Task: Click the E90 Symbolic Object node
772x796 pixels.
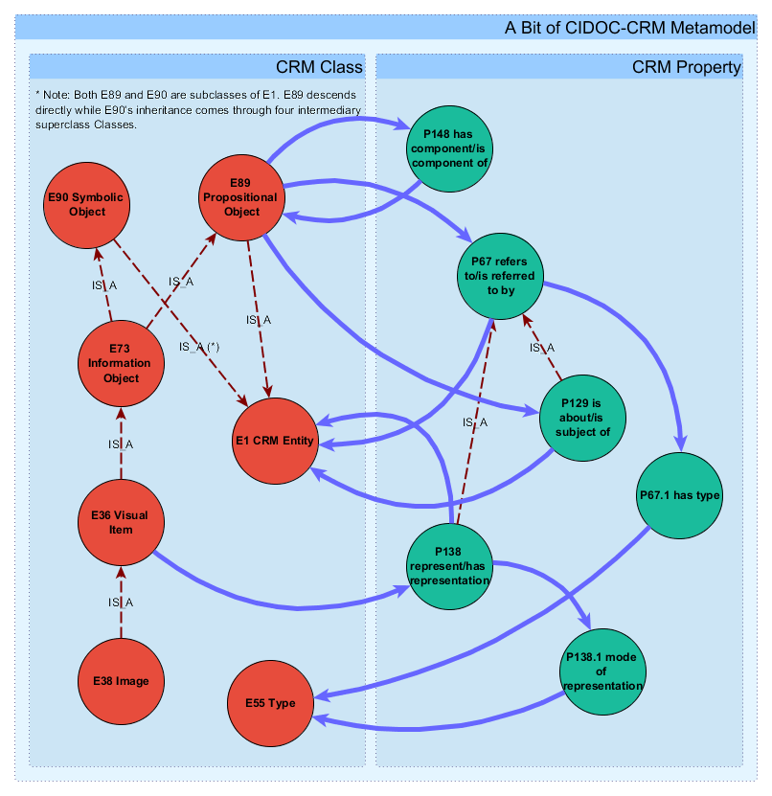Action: [x=87, y=204]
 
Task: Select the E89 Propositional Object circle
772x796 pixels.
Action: [x=241, y=196]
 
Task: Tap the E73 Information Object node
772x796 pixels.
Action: [x=120, y=363]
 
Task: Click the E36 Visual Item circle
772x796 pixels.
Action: [x=120, y=523]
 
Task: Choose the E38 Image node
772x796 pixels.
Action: [x=120, y=681]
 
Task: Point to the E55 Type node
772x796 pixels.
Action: [x=269, y=702]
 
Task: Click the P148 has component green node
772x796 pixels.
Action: [x=449, y=148]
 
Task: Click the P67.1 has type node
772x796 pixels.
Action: [x=679, y=495]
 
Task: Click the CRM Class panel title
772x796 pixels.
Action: [x=319, y=67]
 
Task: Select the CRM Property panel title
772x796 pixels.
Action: [x=686, y=67]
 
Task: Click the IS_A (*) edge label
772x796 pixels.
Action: [x=199, y=347]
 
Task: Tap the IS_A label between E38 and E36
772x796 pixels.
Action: [x=121, y=602]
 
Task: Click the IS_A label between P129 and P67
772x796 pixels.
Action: [x=542, y=348]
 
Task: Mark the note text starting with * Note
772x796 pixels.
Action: [x=196, y=110]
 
